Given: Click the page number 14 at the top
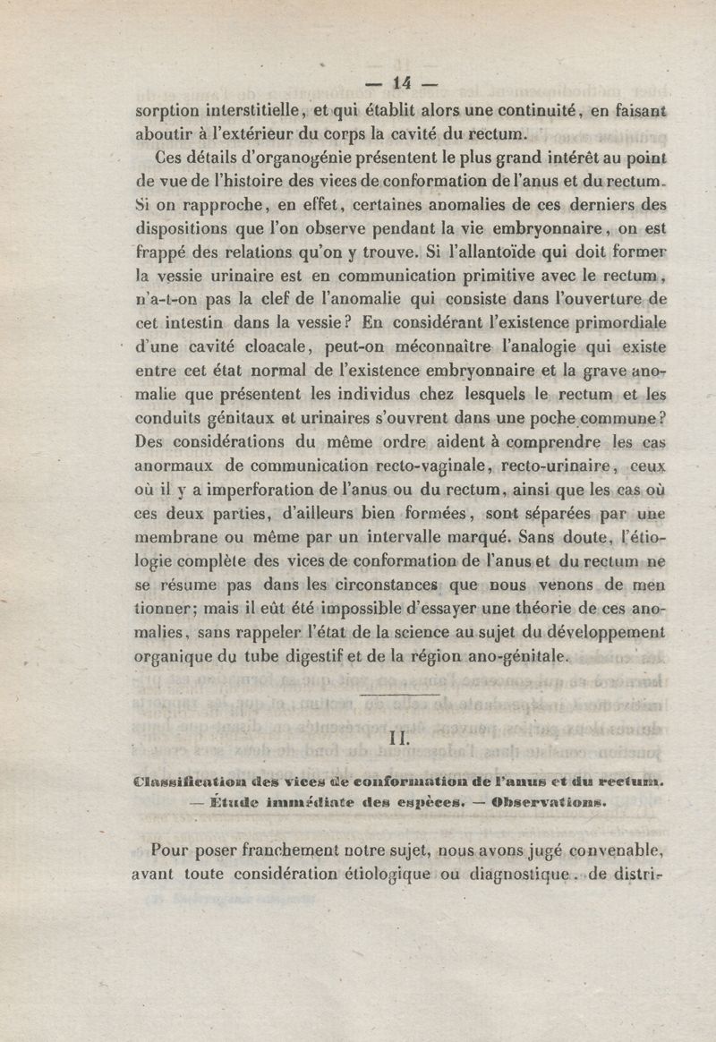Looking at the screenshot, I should point(399,83).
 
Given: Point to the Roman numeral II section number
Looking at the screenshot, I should point(399,739).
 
